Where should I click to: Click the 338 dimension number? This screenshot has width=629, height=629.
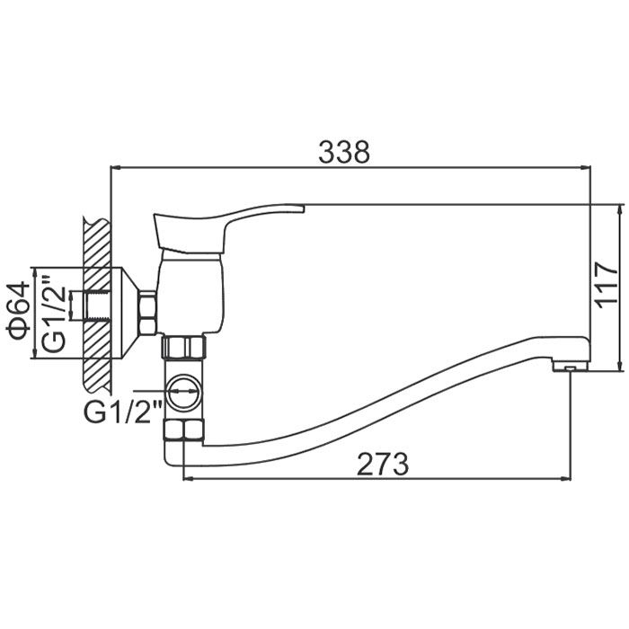coord(344,152)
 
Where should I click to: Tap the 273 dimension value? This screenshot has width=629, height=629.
coord(383,464)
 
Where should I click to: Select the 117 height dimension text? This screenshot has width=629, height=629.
coord(607,286)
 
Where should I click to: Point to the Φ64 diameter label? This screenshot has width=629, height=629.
coord(19,310)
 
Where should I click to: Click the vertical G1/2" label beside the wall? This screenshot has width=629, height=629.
coord(54,314)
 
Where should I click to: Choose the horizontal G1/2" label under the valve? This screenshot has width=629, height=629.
coord(123,412)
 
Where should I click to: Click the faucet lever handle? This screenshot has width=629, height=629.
coord(228,228)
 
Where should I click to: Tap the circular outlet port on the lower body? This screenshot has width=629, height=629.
coord(183,392)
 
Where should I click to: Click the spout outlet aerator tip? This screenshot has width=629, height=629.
coord(571,366)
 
